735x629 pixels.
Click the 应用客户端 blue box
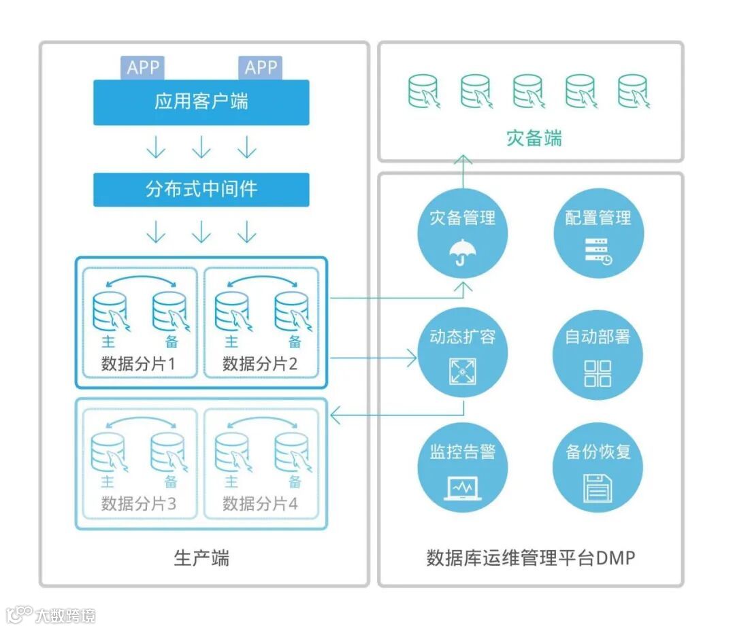click(x=201, y=102)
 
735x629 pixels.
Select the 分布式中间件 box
click(x=201, y=189)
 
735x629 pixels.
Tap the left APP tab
click(x=142, y=67)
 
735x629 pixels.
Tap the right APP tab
click(x=261, y=67)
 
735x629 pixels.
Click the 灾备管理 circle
click(x=463, y=235)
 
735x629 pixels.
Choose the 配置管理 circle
click(x=598, y=235)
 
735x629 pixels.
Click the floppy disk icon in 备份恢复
click(x=598, y=488)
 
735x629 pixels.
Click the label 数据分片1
click(x=139, y=364)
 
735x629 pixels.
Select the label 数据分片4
click(x=261, y=504)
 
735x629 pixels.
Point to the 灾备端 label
click(x=534, y=138)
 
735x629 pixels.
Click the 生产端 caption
click(x=201, y=558)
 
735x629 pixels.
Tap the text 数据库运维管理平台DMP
click(x=530, y=558)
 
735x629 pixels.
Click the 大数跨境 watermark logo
click(x=51, y=615)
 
